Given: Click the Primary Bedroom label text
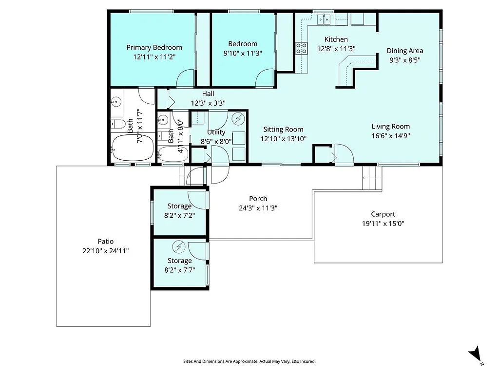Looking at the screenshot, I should coord(154,47).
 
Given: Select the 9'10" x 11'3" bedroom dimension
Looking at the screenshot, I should coord(243,53).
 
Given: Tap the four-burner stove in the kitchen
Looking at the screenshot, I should coord(301,48).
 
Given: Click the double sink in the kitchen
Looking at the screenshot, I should coord(325,19).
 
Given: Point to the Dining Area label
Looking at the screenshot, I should coord(404,51).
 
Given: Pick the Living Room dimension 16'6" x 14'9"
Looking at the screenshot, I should coord(390,136).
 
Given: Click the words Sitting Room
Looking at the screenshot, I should coord(283,130).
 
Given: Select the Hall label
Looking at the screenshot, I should coord(208,93).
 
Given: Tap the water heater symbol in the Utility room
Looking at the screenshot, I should coord(238,118).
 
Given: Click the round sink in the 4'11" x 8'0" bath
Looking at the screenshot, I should coord(163,119).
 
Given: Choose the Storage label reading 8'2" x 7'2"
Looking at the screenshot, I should coord(179,215).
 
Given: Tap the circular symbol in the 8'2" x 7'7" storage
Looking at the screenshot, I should coord(178,248).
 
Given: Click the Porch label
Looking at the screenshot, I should coord(258,199).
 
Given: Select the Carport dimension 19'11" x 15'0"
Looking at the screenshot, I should coord(383,224).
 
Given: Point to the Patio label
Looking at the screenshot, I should coord(105,242).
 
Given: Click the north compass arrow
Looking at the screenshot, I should coord(474,355).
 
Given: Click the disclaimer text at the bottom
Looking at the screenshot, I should coord(249,361).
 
